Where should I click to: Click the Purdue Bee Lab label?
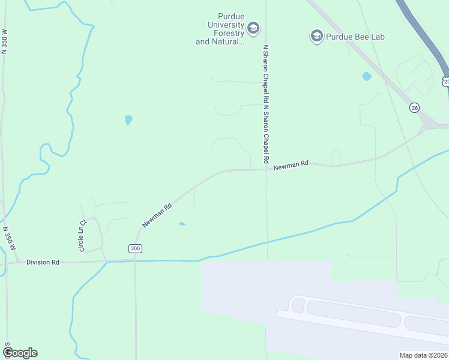(355, 37)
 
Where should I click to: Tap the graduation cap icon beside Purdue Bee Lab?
(316, 37)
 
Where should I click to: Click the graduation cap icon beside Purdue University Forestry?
(253, 28)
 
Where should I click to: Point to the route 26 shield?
(414, 107)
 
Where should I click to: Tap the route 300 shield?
(135, 248)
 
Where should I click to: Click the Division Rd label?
(43, 262)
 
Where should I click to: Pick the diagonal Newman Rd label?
(157, 215)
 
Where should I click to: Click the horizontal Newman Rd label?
(291, 163)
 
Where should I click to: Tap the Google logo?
(20, 353)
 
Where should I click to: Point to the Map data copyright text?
(423, 355)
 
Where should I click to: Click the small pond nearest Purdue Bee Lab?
(366, 76)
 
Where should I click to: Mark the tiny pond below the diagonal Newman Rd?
(182, 224)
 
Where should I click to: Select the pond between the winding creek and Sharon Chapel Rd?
(128, 120)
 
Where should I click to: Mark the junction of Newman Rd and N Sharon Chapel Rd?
(266, 169)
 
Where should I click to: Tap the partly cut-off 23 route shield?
(445, 81)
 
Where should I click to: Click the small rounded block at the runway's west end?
(298, 305)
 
